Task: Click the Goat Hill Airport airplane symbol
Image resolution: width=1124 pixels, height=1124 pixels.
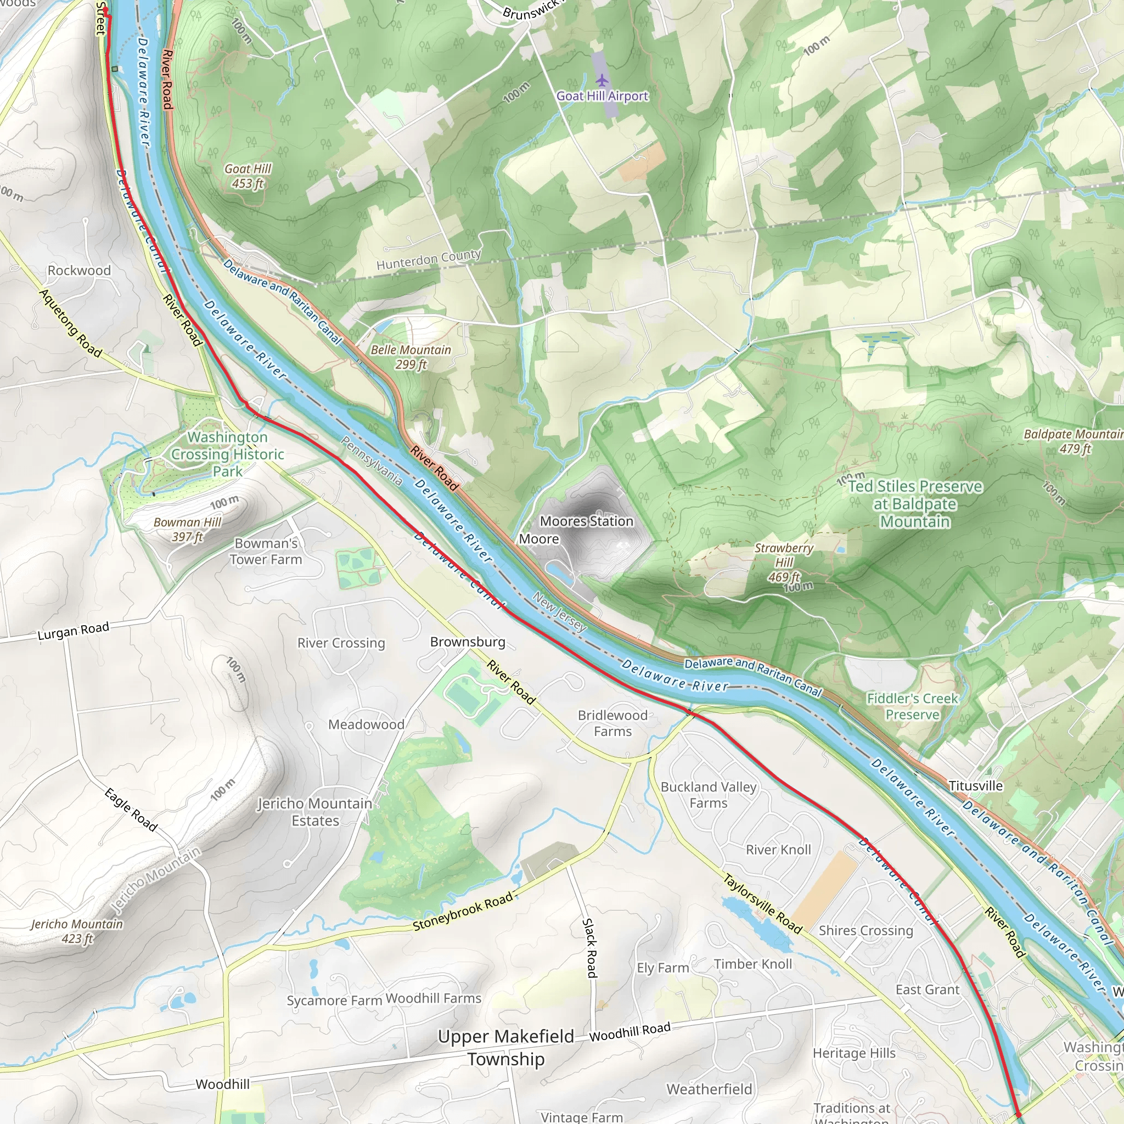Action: coord(602,79)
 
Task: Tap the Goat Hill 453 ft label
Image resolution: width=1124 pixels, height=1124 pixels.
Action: coord(248,176)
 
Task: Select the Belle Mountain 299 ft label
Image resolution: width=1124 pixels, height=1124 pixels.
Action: coord(411,357)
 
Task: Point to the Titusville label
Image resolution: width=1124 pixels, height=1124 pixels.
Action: coord(976,785)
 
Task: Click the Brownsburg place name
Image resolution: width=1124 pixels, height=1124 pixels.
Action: coord(467,642)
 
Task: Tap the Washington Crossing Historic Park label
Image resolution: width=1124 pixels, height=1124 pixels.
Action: coord(227,454)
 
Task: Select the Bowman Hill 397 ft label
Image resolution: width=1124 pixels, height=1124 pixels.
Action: coord(187,530)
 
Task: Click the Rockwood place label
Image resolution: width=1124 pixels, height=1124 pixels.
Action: coord(79,271)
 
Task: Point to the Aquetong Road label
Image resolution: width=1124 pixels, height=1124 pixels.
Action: coord(70,323)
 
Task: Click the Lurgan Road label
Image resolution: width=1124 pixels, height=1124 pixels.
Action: coord(74,631)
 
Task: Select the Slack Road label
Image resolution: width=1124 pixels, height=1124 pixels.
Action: coord(590,948)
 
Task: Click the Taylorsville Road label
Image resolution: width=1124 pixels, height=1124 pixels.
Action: coord(762,903)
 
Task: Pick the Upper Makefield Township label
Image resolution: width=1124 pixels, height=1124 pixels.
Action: coord(505,1047)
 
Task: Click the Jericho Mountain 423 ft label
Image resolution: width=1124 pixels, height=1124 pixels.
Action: coord(77,931)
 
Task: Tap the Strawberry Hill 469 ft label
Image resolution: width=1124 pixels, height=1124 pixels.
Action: coord(784,562)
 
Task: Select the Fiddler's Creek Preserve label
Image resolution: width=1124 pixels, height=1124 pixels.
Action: coord(912,706)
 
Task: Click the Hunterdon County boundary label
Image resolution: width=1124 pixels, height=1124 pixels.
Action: coord(428,260)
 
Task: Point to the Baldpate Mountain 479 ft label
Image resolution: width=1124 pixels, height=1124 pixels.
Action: coord(1074,441)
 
